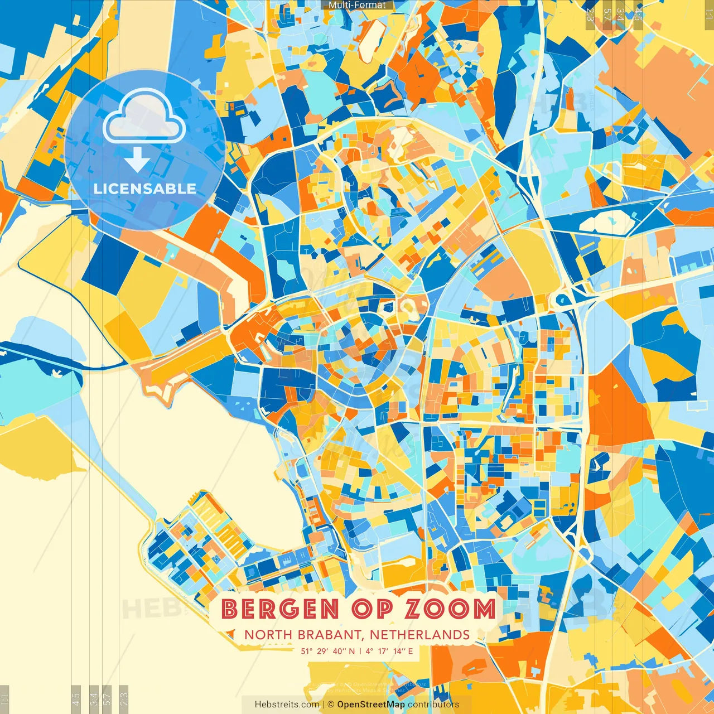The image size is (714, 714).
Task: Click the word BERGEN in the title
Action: (280, 609)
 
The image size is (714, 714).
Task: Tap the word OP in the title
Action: (372, 609)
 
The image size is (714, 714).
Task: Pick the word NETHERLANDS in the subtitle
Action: (419, 635)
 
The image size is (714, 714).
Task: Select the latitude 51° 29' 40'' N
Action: (328, 651)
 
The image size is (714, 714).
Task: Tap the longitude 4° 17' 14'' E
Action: (389, 651)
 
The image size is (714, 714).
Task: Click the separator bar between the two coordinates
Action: (360, 651)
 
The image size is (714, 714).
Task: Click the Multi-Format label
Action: (357, 5)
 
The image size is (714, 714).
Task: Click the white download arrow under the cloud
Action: (137, 160)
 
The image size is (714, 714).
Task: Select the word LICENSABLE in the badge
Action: (145, 189)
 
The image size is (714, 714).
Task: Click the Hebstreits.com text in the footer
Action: (287, 705)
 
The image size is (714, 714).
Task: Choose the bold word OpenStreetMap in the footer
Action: (371, 705)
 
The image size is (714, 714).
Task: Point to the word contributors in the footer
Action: (433, 705)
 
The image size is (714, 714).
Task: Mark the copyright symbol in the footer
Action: (331, 705)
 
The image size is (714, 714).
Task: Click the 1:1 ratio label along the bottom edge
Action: (5, 699)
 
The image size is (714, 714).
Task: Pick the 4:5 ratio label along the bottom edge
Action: (76, 699)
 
